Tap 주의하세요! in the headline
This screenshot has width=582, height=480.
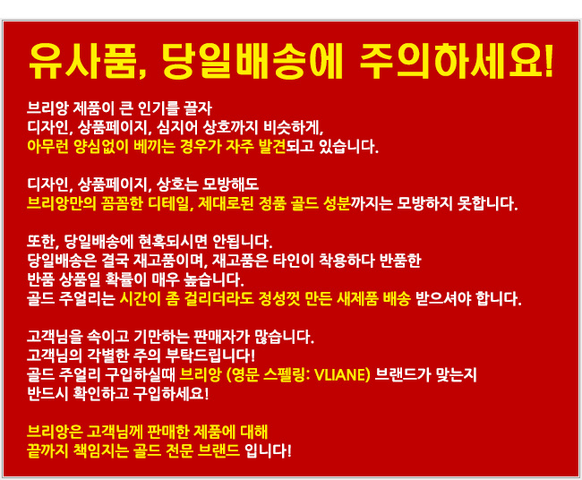coord(456,61)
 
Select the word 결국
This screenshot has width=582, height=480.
coord(115,261)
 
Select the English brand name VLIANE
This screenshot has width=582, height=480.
coord(340,375)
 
